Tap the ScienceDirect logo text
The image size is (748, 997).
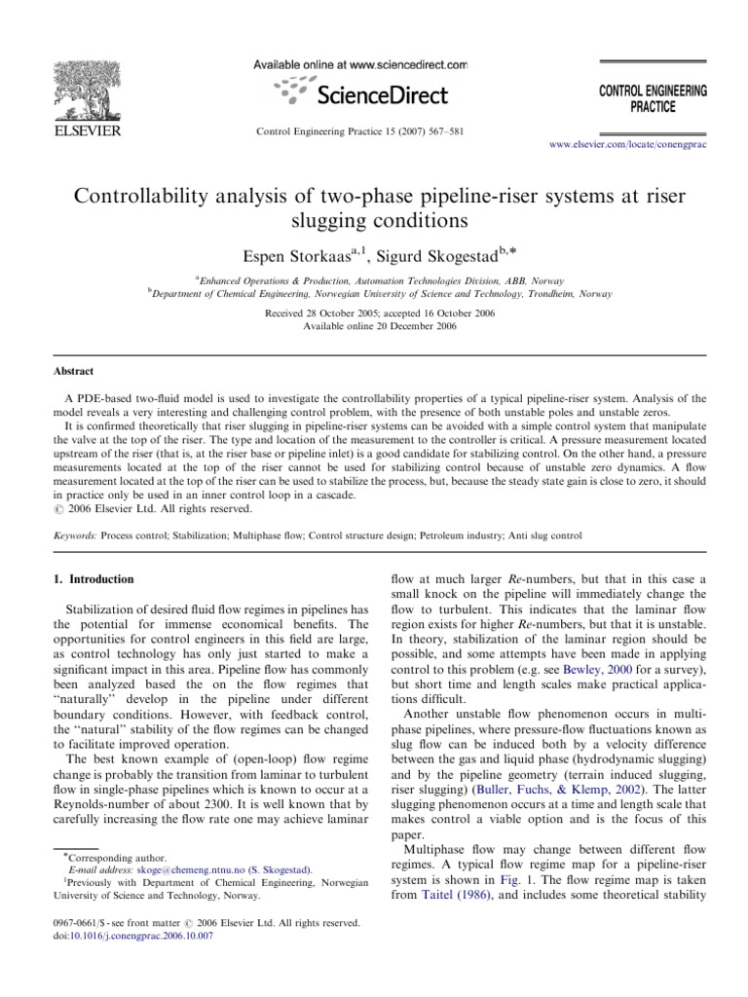378,94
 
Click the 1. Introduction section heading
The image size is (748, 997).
93,579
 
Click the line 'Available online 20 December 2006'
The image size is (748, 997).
374,325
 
